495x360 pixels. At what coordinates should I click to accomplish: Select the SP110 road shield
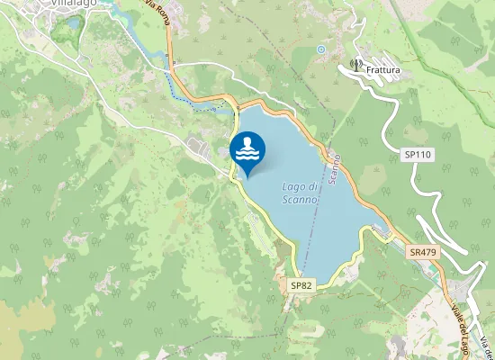(x=418, y=155)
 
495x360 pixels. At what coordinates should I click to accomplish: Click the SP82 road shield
(x=301, y=284)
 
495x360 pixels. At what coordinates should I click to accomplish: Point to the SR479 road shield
(x=422, y=253)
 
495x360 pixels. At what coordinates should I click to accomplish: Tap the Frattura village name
(x=383, y=68)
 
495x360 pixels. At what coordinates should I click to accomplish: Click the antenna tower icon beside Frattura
(x=355, y=65)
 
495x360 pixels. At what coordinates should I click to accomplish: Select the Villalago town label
(x=75, y=4)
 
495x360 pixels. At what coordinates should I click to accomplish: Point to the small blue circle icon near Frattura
(x=320, y=49)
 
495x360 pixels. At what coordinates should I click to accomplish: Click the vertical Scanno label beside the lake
(x=333, y=166)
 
